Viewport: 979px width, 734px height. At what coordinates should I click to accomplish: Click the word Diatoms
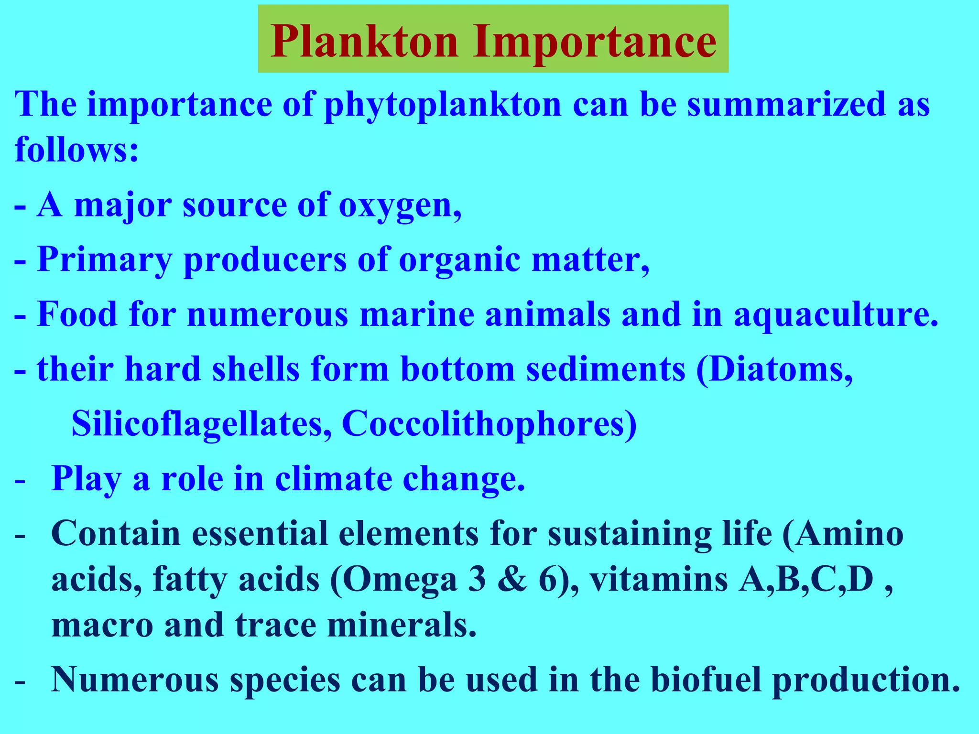tap(774, 370)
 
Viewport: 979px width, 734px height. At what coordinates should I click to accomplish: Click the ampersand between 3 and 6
tap(512, 580)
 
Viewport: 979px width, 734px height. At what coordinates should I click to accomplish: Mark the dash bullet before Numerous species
tap(20, 681)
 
